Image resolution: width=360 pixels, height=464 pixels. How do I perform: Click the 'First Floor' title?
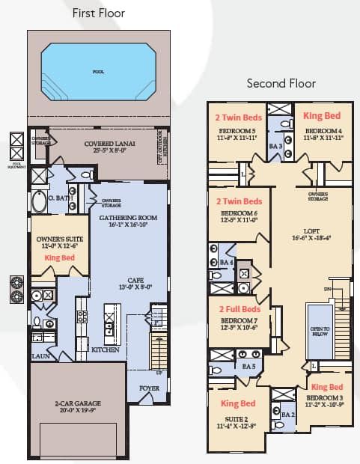click(x=98, y=13)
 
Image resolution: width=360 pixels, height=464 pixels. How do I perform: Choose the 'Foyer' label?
click(x=149, y=388)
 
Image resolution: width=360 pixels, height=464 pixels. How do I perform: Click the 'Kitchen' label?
click(x=105, y=349)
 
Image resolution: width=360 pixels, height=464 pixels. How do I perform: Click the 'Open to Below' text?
click(x=320, y=332)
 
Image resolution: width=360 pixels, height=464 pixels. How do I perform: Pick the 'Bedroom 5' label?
click(x=237, y=132)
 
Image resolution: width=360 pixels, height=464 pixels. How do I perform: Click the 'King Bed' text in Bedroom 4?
click(x=322, y=116)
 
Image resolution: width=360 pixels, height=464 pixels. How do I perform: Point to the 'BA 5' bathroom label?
click(x=248, y=367)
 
